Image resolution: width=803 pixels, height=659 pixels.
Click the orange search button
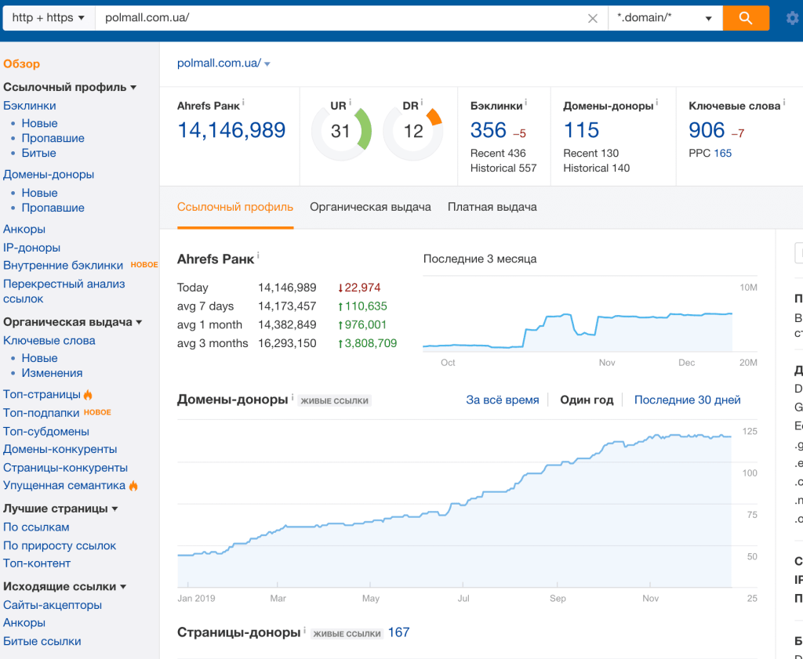coord(745,18)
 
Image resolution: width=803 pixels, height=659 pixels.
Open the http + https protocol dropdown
coord(49,18)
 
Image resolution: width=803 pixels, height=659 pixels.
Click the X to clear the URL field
coord(593,19)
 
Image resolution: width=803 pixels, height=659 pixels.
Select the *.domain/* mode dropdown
coord(665,18)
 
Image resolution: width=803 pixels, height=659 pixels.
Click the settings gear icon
coord(792,19)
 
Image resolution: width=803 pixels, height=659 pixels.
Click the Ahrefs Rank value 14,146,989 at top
coord(231,130)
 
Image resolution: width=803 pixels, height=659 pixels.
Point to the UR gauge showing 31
coord(340,131)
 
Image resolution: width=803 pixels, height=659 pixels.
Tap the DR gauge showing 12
coord(412,131)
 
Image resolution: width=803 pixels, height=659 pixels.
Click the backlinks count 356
coord(489,130)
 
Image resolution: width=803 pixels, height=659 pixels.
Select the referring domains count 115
coord(581,130)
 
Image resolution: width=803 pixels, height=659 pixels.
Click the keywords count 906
coord(707,130)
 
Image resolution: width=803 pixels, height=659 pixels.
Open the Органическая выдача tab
coord(370,207)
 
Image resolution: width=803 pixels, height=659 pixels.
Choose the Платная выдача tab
coord(492,207)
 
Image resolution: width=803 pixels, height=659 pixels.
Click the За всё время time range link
coord(502,400)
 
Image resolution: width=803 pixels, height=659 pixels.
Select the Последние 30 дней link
coord(687,400)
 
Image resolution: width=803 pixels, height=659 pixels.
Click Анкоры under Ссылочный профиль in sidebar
coord(24,229)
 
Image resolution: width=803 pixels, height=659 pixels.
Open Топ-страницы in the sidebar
coord(42,394)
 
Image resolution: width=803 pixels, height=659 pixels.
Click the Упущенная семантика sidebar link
coord(64,485)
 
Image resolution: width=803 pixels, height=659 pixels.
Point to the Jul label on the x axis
coord(463,598)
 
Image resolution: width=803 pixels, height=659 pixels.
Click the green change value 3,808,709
coord(369,343)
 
